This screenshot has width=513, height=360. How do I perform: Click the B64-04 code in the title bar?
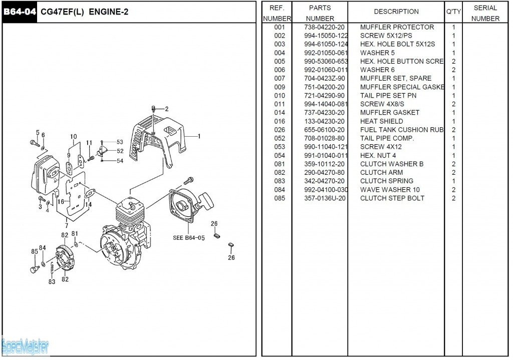tap(20, 12)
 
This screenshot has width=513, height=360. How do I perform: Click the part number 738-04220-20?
tap(324, 27)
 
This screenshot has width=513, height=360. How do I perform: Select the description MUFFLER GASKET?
tap(389, 113)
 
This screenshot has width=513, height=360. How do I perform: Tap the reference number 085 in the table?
tap(280, 198)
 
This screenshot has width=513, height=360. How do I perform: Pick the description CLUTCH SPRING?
tap(386, 181)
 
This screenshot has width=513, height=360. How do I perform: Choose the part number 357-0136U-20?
tap(325, 198)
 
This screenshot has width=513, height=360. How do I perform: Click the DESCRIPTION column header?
tap(396, 12)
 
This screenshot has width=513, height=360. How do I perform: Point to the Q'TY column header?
tap(453, 12)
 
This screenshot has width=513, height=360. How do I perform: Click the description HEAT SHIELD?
tap(381, 121)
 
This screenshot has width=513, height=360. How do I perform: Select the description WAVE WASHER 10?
tap(390, 190)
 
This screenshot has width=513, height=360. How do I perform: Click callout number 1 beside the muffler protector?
tap(199, 136)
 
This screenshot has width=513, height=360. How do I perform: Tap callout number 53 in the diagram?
tap(120, 142)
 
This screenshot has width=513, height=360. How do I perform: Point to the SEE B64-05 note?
tap(189, 238)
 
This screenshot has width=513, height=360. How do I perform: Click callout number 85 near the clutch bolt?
tap(35, 251)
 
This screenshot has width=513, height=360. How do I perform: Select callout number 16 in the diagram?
tap(61, 202)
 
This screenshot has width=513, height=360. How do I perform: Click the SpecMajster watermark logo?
tap(25, 346)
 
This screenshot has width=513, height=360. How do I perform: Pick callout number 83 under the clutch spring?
tap(52, 282)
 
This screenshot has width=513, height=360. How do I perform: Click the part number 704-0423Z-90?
tap(324, 79)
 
